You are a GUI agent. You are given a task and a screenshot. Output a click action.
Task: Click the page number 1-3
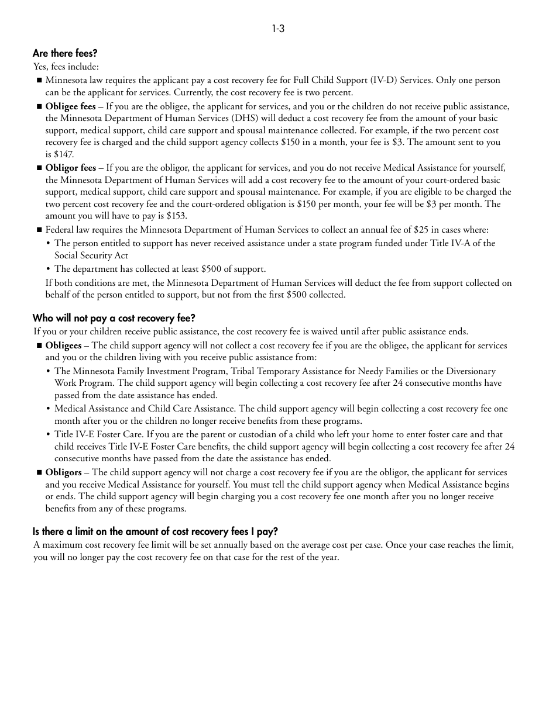point(278,29)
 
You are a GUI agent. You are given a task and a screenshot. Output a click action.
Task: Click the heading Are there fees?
point(65,54)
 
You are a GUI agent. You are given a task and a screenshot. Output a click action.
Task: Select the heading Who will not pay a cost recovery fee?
point(114,319)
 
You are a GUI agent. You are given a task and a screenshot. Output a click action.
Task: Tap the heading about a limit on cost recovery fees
point(155,532)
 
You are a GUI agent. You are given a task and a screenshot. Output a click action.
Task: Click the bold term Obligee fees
point(70,106)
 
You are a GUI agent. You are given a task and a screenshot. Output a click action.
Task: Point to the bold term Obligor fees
point(70,168)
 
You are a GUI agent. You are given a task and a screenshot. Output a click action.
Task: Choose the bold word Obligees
point(63,345)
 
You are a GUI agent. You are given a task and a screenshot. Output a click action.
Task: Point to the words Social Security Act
point(91,255)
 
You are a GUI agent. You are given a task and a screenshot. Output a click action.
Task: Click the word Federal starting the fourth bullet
point(60,230)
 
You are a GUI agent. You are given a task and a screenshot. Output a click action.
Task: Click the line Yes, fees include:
point(66,67)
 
